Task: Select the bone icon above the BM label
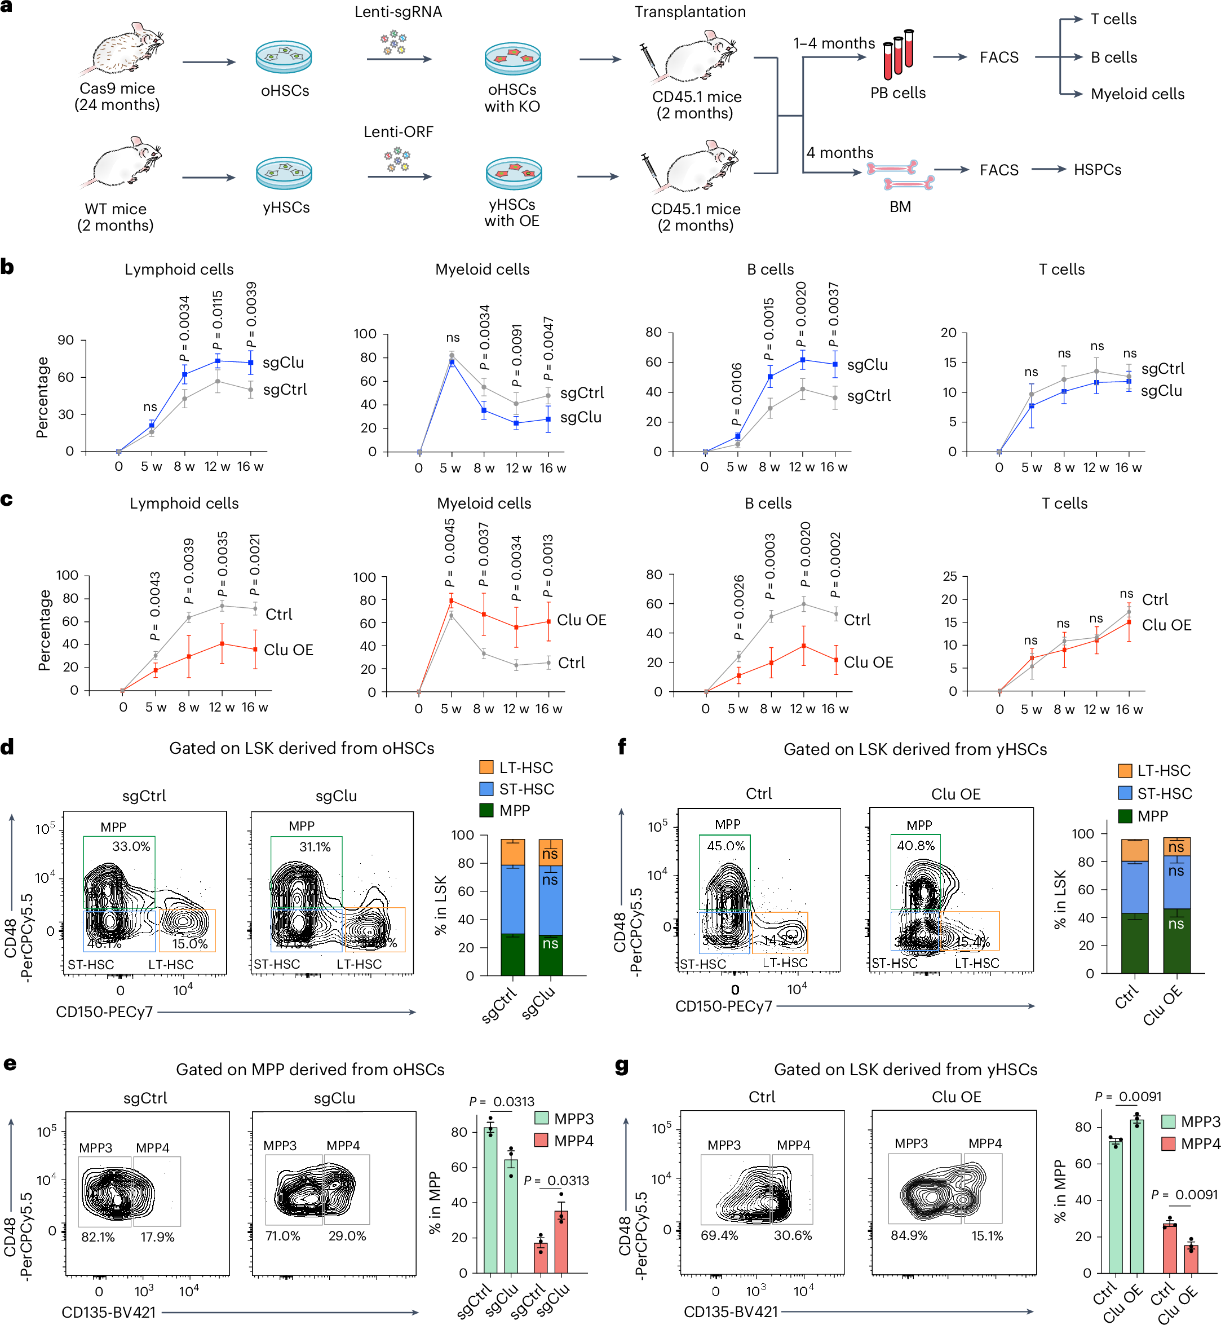pos(900,175)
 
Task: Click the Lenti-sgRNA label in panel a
pos(398,12)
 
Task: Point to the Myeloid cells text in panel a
pos(1137,94)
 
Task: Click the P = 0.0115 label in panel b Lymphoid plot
pos(218,320)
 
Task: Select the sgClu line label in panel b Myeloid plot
pos(581,417)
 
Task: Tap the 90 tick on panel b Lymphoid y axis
pos(66,341)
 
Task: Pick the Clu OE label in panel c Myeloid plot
pos(581,620)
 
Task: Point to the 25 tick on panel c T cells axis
pos(949,576)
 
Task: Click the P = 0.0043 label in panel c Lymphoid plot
pos(154,606)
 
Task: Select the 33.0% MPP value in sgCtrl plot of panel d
pos(131,846)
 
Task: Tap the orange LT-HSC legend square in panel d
pos(486,767)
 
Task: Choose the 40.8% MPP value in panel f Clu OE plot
pos(915,845)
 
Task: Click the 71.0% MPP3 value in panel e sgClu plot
pos(283,1236)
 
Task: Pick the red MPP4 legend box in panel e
pos(541,1141)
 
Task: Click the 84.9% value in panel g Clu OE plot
pos(909,1235)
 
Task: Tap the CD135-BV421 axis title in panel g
pos(731,1311)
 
